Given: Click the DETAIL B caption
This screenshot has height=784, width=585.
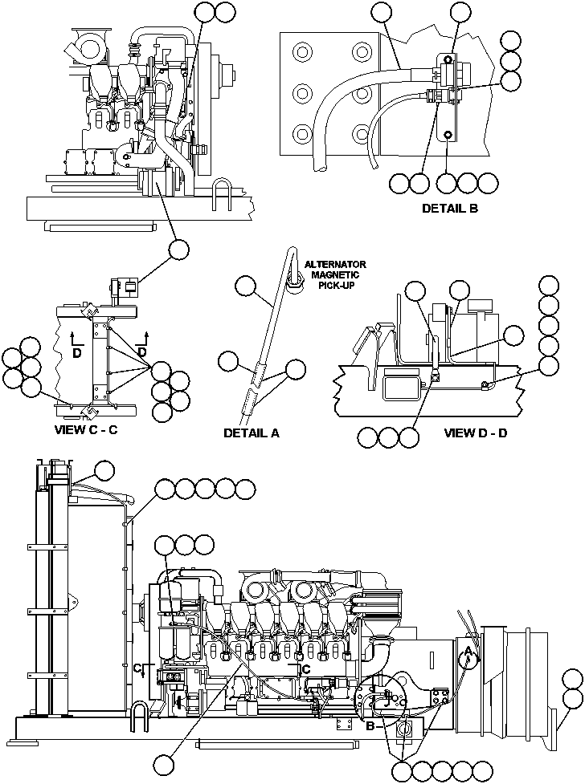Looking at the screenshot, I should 450,209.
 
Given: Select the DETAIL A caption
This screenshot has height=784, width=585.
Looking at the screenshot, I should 251,433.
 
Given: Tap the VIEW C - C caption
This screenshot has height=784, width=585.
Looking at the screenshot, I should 86,429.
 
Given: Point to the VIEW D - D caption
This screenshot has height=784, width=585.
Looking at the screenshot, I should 476,433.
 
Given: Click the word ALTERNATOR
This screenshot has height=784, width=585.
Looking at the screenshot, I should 336,264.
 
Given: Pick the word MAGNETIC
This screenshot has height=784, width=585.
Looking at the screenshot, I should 333,274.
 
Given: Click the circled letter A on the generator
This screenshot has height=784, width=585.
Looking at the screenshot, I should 468,656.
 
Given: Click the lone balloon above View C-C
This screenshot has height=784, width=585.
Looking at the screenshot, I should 178,250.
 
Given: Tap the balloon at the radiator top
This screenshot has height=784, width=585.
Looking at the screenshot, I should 104,470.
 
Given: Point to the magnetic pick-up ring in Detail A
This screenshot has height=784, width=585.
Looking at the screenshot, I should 295,277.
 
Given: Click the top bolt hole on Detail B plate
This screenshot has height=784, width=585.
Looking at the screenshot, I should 302,53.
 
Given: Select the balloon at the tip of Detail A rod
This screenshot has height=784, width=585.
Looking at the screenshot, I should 245,286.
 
